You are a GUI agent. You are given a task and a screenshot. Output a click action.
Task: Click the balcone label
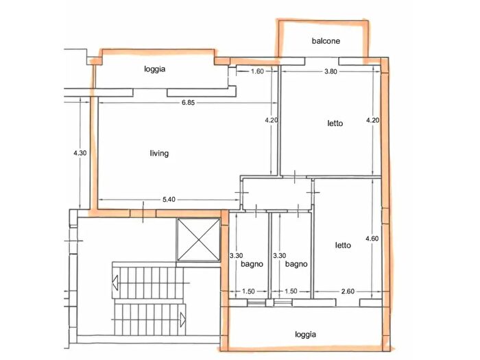click(x=326, y=41)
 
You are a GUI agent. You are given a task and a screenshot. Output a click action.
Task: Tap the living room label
click(x=159, y=153)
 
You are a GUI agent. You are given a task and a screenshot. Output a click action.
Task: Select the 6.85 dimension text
click(x=188, y=103)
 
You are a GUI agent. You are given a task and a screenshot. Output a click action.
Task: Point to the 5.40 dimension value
click(x=169, y=200)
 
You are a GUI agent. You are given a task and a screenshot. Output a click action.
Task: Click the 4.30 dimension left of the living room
click(x=80, y=153)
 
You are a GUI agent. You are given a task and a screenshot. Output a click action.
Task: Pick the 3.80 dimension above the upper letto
click(x=331, y=71)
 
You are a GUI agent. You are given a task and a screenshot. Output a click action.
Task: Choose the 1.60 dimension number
click(x=257, y=71)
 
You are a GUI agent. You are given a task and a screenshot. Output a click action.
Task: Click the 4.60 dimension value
click(x=372, y=239)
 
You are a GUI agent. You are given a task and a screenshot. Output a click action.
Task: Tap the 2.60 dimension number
click(x=348, y=291)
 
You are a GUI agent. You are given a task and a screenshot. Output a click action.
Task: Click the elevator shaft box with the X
click(x=198, y=240)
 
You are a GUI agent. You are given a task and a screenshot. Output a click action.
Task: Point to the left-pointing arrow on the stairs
click(x=115, y=283)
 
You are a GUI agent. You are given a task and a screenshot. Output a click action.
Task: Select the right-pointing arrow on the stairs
click(x=182, y=320)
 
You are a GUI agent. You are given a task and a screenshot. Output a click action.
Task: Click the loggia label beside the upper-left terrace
click(x=154, y=69)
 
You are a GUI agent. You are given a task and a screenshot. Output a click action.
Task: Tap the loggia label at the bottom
click(x=306, y=335)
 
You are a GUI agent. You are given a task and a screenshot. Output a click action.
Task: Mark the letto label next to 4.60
click(x=343, y=245)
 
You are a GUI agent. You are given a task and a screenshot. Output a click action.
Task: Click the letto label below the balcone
click(x=335, y=123)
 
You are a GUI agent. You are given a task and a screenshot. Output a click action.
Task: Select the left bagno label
click(x=252, y=264)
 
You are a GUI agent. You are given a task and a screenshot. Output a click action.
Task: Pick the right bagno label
click(x=296, y=264)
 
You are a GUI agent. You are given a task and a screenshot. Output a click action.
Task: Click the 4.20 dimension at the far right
click(x=372, y=120)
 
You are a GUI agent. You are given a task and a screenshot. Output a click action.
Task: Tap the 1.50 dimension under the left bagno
click(x=248, y=291)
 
